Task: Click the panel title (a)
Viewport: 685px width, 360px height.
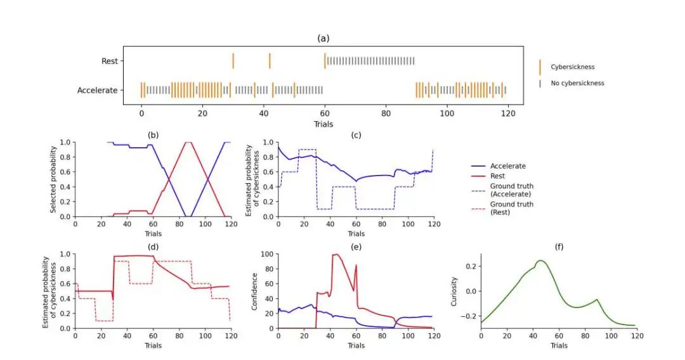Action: pos(323,38)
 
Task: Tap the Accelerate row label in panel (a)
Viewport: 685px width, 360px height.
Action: pos(97,91)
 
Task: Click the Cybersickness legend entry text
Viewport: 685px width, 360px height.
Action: pos(572,67)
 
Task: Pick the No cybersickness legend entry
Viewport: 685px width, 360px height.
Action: pos(577,83)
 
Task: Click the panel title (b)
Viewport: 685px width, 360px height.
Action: pos(153,134)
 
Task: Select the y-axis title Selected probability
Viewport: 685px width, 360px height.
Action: pos(55,179)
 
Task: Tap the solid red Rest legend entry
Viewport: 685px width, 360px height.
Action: pos(499,175)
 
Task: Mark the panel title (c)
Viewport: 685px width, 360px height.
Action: pos(356,134)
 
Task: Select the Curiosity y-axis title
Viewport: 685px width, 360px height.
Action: pos(454,291)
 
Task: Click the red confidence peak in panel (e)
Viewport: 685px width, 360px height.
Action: pos(335,255)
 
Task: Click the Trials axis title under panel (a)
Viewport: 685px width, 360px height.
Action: pos(323,124)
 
